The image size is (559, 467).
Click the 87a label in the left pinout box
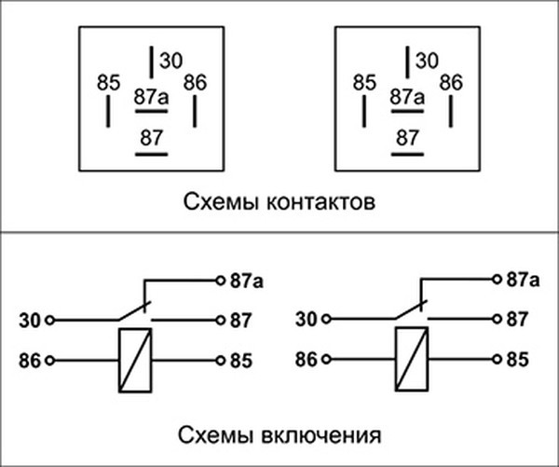click(151, 96)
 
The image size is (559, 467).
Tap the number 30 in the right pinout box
click(427, 62)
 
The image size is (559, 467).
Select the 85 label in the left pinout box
click(109, 83)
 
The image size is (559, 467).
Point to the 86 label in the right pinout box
click(451, 82)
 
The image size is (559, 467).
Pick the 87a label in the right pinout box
click(407, 96)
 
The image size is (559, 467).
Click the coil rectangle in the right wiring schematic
click(409, 359)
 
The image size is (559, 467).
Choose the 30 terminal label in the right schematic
click(307, 319)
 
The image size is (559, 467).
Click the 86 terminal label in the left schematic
click(30, 359)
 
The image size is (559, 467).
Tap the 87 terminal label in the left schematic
click(240, 319)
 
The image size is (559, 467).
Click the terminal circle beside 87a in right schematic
click(496, 279)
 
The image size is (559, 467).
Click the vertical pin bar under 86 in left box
click(196, 111)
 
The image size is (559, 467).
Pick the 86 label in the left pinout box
click(195, 82)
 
